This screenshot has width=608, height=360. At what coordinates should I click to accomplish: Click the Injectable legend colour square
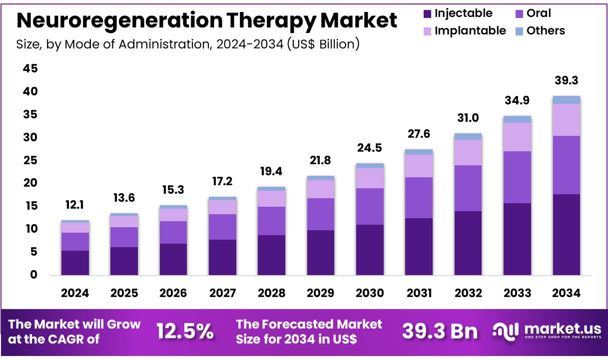(x=427, y=14)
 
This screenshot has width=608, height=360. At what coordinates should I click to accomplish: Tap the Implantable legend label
(x=470, y=31)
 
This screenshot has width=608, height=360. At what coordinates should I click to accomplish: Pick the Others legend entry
(x=545, y=31)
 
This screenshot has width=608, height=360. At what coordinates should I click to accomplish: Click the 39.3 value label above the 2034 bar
(x=567, y=81)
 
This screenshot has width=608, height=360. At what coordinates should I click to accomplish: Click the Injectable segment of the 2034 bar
(x=567, y=234)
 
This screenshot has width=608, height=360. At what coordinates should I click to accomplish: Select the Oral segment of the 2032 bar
(x=468, y=188)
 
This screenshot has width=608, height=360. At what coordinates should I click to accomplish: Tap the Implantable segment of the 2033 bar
(x=517, y=137)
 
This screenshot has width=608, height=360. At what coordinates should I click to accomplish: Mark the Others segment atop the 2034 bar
(x=567, y=100)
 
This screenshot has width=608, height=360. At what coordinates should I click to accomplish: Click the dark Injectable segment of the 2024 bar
(x=75, y=263)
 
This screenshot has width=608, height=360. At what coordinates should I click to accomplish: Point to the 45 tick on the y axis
(x=29, y=69)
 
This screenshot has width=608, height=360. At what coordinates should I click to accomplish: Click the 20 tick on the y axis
(x=29, y=183)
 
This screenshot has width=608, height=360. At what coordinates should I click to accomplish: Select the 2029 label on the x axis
(x=320, y=293)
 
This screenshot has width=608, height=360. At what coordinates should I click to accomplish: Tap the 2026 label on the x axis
(x=173, y=293)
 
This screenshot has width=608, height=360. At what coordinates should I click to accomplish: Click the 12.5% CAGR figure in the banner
(x=185, y=331)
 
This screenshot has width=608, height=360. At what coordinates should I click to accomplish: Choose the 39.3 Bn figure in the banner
(x=440, y=331)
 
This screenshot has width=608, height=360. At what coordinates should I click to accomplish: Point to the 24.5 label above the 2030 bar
(x=370, y=149)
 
